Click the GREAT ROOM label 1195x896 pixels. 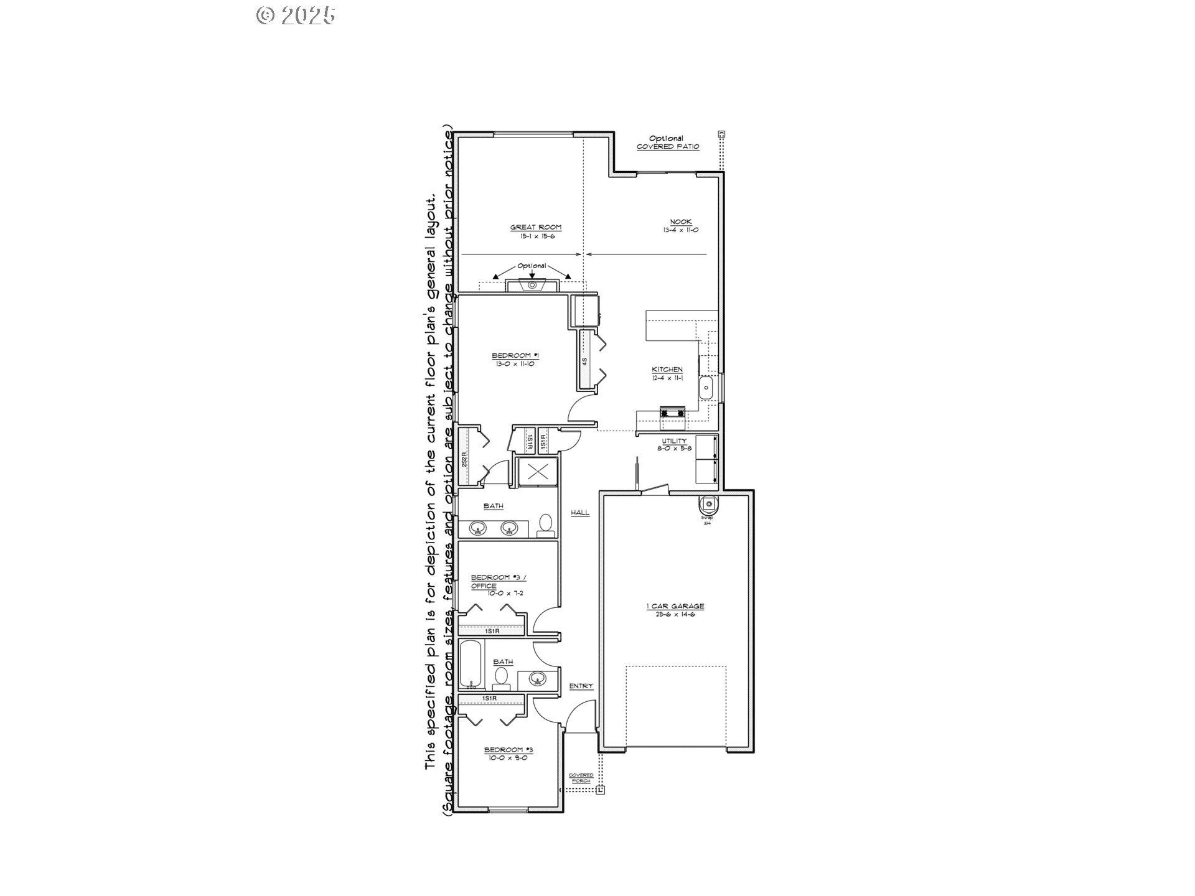click(x=535, y=228)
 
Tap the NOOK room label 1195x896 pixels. click(x=680, y=222)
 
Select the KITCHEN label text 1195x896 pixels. click(x=667, y=370)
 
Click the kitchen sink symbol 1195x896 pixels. click(x=707, y=388)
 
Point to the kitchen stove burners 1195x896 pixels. click(x=672, y=412)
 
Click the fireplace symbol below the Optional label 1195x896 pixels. click(x=532, y=286)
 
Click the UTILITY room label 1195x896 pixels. click(x=674, y=441)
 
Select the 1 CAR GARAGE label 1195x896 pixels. click(x=675, y=606)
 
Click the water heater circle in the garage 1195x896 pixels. click(x=708, y=503)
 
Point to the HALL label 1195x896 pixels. click(x=580, y=513)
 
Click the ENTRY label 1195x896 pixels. click(x=581, y=686)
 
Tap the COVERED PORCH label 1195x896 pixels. click(x=581, y=778)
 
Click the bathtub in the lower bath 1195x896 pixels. click(x=471, y=665)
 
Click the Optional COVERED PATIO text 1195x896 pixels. click(x=667, y=142)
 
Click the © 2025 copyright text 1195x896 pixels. click(x=296, y=16)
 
